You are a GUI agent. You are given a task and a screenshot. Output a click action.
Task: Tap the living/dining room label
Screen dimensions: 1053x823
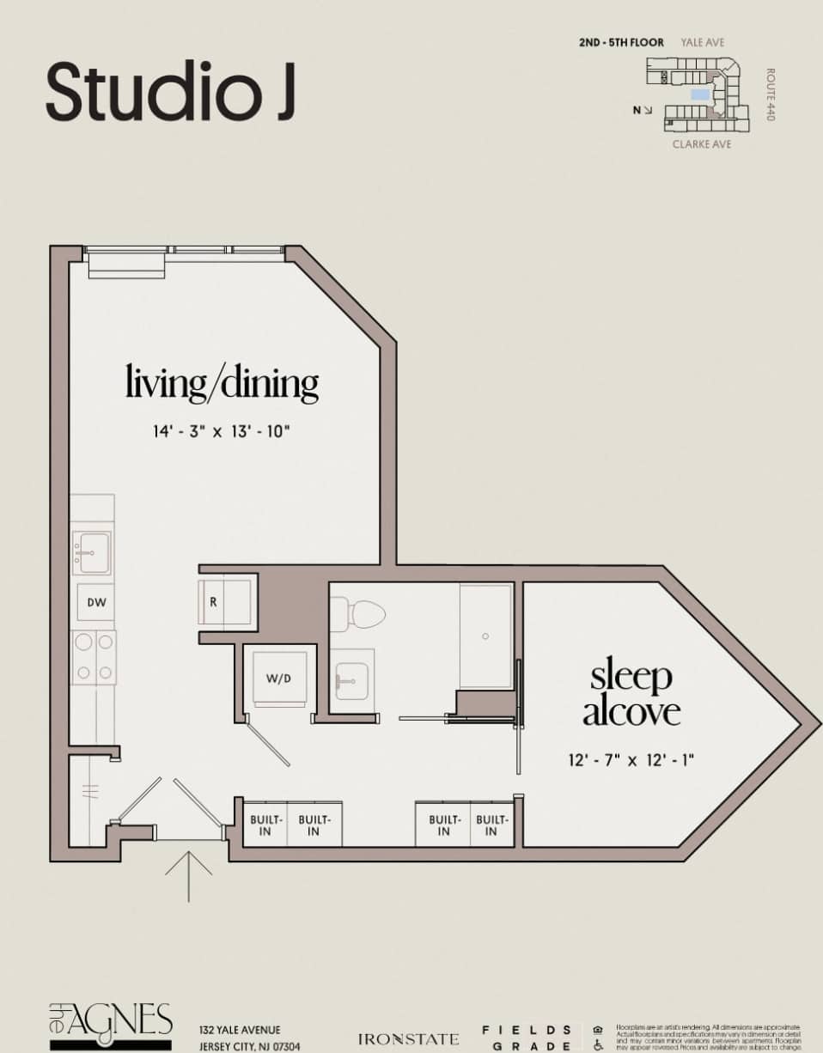pyautogui.click(x=222, y=382)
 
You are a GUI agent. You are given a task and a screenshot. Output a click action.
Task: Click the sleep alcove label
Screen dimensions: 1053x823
pyautogui.click(x=631, y=694)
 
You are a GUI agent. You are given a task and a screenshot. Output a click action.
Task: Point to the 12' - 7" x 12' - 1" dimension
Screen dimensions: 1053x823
pyautogui.click(x=631, y=759)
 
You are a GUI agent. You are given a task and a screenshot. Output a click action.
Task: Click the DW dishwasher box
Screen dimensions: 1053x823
pyautogui.click(x=96, y=602)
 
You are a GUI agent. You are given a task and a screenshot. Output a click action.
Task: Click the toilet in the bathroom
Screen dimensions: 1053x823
pyautogui.click(x=358, y=613)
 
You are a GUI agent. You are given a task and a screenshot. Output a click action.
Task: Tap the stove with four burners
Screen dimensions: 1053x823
pyautogui.click(x=93, y=656)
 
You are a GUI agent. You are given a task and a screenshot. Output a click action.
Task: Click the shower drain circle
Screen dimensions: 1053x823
pyautogui.click(x=485, y=636)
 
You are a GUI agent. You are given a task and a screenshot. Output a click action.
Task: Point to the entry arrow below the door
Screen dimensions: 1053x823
pyautogui.click(x=188, y=874)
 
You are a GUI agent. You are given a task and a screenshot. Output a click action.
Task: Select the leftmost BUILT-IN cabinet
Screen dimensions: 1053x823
pyautogui.click(x=265, y=825)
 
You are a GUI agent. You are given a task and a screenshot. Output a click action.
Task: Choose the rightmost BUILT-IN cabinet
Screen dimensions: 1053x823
pyautogui.click(x=491, y=825)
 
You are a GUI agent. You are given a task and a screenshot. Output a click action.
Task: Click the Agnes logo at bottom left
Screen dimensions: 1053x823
pyautogui.click(x=110, y=1025)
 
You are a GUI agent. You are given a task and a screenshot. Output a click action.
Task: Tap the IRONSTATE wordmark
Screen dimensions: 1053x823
pyautogui.click(x=408, y=1039)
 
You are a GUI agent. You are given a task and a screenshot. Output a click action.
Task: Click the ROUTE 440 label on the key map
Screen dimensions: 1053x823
pyautogui.click(x=771, y=94)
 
